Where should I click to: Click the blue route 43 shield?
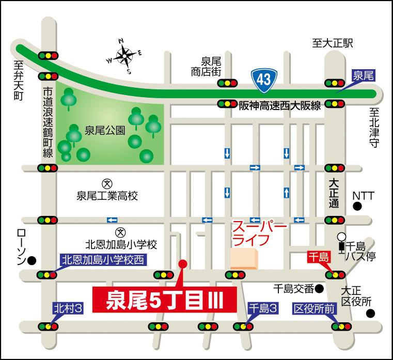click(263, 79)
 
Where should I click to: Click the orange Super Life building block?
click(244, 258)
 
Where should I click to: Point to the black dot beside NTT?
click(357, 207)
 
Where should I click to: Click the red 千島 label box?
click(318, 257)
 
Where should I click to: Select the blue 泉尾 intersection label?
click(363, 75)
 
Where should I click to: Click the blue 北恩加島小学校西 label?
click(102, 260)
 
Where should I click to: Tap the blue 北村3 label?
click(68, 308)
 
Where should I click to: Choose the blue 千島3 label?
click(263, 308)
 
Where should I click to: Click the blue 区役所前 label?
click(315, 308)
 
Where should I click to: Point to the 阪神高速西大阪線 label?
click(280, 105)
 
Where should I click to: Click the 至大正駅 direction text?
click(334, 43)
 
